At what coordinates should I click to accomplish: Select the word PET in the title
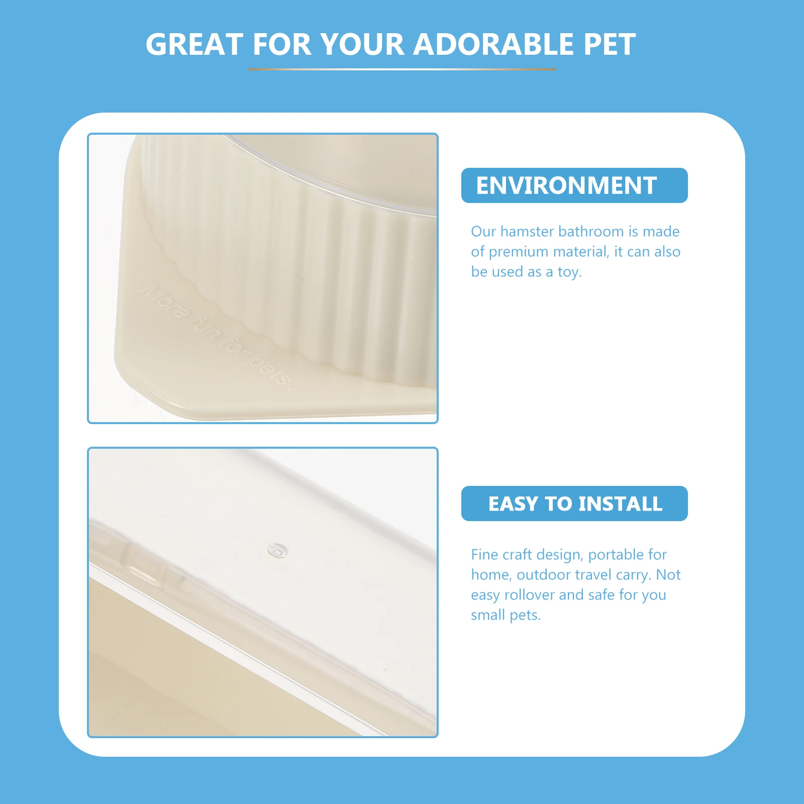pyautogui.click(x=609, y=44)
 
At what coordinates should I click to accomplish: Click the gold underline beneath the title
pyautogui.click(x=402, y=69)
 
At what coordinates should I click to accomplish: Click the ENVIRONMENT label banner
pyautogui.click(x=574, y=185)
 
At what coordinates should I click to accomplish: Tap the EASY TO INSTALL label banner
pyautogui.click(x=574, y=504)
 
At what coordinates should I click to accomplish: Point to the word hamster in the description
pyautogui.click(x=527, y=231)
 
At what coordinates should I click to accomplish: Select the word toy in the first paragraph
pyautogui.click(x=569, y=272)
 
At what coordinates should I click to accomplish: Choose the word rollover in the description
pyautogui.click(x=529, y=595)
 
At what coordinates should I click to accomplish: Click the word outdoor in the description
pyautogui.click(x=543, y=575)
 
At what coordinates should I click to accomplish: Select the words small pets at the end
pyautogui.click(x=506, y=615)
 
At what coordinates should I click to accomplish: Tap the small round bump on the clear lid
pyautogui.click(x=277, y=551)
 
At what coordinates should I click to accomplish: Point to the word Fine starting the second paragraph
pyautogui.click(x=484, y=555)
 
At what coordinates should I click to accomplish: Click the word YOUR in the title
pyautogui.click(x=362, y=44)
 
